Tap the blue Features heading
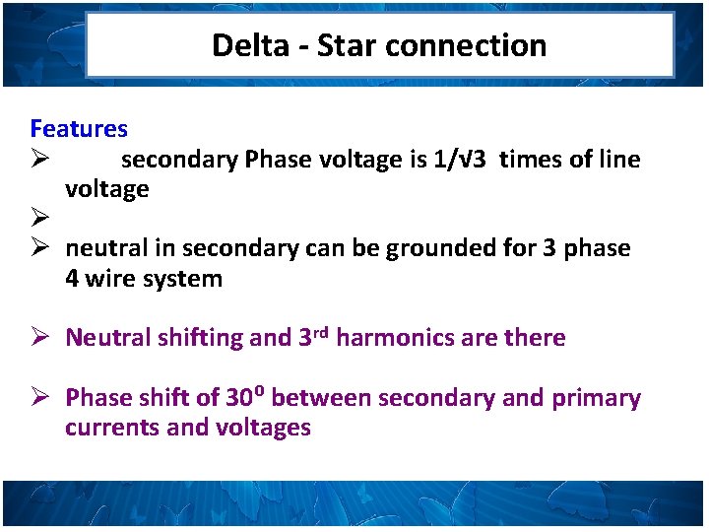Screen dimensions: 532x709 click(79, 128)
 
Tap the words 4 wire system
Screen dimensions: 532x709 click(144, 279)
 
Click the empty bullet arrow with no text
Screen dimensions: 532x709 click(39, 219)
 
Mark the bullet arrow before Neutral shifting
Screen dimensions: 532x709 click(39, 338)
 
